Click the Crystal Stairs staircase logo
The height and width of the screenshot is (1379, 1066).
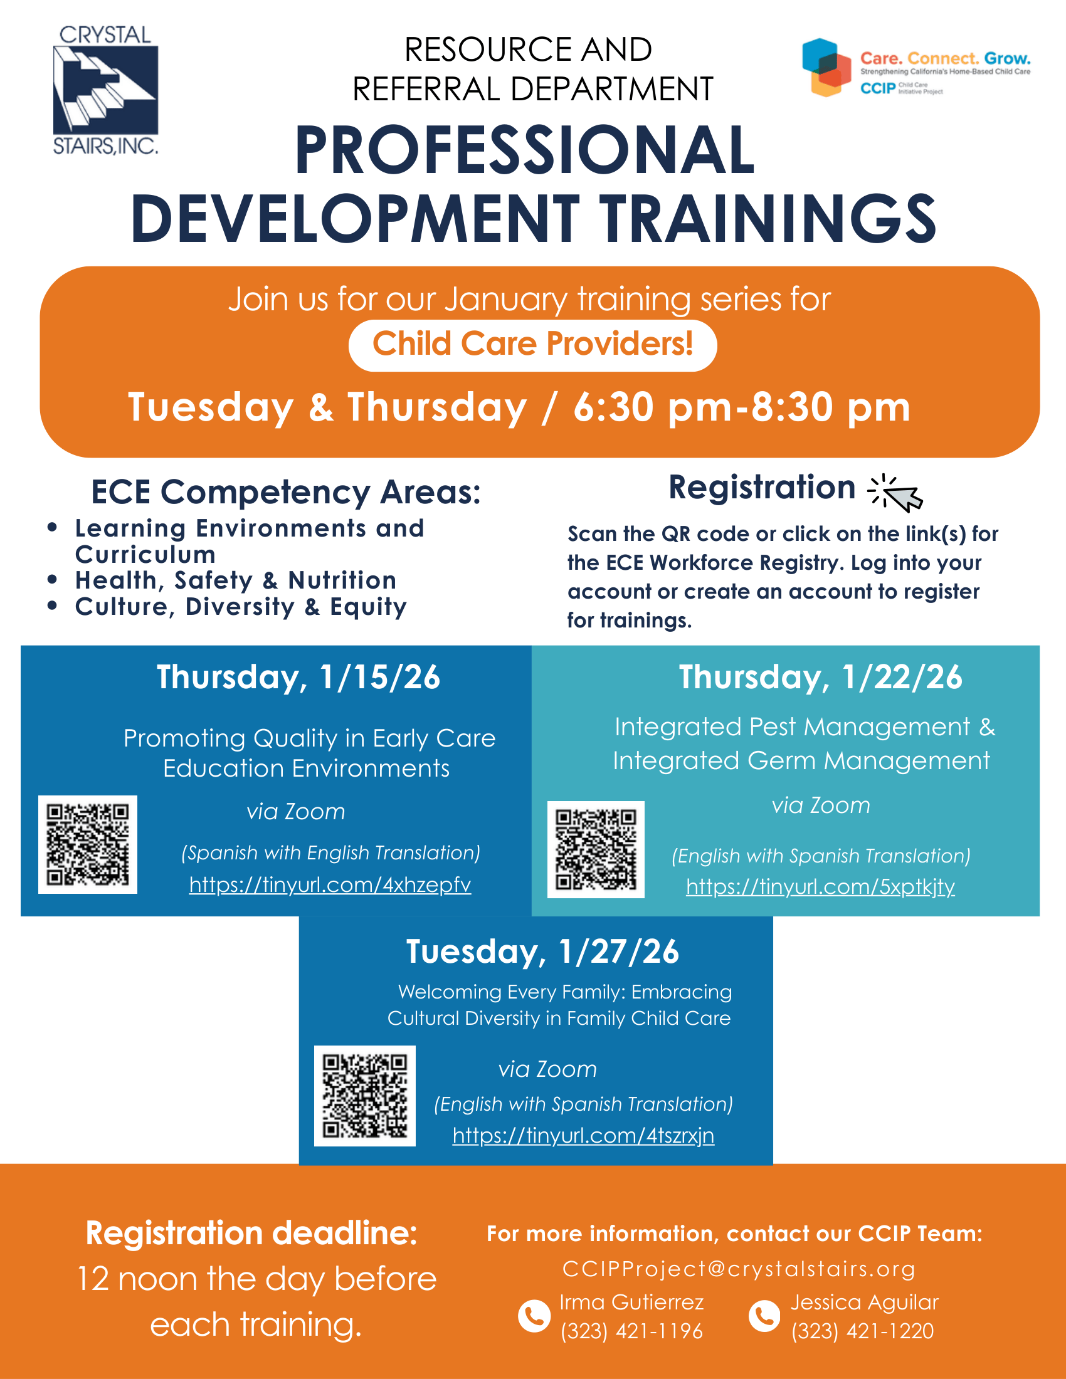pos(105,90)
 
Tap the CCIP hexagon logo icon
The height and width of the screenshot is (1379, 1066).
pos(826,67)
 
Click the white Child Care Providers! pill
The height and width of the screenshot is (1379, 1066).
pos(532,345)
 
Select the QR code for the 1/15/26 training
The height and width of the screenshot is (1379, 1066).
pos(88,844)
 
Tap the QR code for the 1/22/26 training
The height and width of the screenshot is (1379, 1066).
pos(596,849)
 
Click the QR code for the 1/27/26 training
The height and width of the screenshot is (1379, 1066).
pos(365,1096)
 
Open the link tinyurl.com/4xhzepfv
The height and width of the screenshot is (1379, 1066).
pos(330,884)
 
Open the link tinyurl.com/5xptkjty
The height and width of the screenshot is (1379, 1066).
pos(820,886)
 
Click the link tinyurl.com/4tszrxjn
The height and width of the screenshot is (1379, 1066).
pos(584,1135)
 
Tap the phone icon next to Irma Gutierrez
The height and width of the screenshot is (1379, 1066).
pos(534,1316)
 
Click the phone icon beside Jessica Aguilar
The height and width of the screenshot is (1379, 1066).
pos(764,1316)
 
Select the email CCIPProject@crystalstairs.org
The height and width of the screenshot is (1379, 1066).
pos(739,1269)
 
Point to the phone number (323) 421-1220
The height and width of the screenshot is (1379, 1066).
pos(863,1331)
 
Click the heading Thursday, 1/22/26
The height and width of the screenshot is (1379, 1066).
pos(820,677)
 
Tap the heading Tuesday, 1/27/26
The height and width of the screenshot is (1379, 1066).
pos(542,951)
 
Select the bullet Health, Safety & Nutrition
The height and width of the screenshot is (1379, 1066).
pos(236,580)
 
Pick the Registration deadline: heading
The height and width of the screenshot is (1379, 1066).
pos(252,1233)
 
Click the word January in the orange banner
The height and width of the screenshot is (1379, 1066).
pos(506,299)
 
